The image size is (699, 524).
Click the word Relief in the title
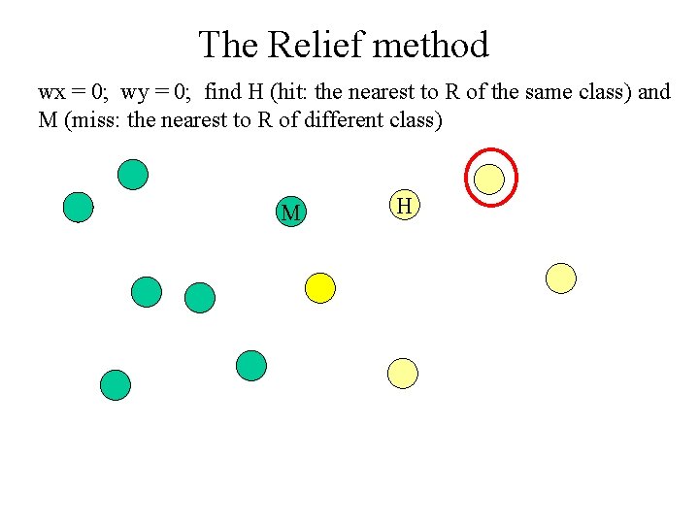coord(315,45)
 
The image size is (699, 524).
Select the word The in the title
coord(229,45)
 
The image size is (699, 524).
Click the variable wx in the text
coord(50,93)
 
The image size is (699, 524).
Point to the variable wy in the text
coord(134,93)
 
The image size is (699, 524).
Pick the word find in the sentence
coord(222,92)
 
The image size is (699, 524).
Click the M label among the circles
coord(289,213)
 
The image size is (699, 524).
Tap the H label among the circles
coord(405,205)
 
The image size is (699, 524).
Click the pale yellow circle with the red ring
coord(490,179)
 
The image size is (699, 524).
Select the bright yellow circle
coord(319,287)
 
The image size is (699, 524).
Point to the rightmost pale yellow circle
coord(561,278)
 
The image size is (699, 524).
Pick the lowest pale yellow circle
coord(402,373)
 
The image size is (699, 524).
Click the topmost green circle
coord(133,175)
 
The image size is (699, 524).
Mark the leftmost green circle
coord(78,207)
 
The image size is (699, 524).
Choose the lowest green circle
coord(116,385)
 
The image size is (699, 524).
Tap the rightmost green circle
coord(251,365)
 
